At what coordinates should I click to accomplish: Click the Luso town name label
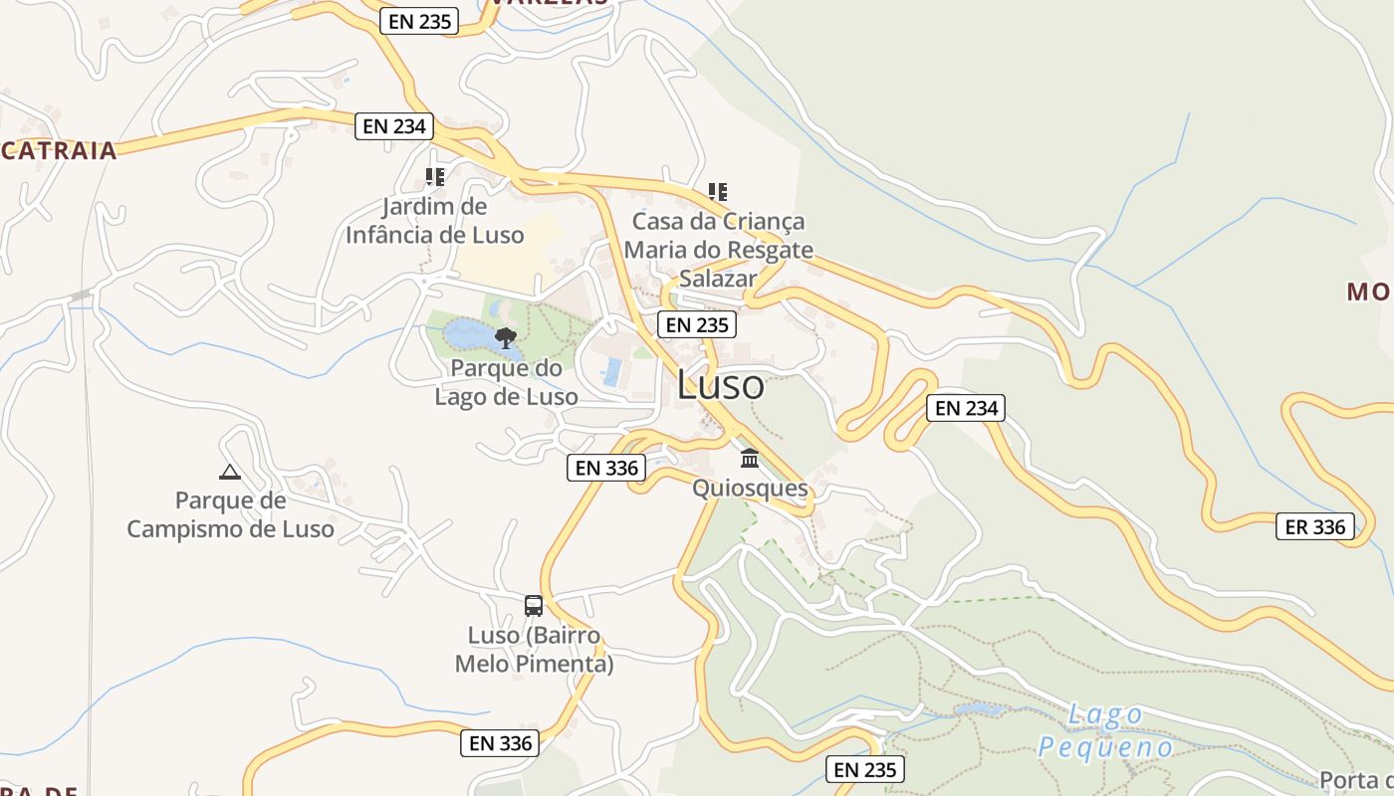721,386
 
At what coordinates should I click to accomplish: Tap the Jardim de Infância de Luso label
434,221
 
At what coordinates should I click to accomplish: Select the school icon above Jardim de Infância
434,177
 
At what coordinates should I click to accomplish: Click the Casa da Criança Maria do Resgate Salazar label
718,250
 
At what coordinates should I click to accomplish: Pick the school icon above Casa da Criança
717,191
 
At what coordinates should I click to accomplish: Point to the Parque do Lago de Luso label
506,382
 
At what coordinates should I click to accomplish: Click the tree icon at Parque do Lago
506,338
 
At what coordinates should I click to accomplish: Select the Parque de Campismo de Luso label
230,514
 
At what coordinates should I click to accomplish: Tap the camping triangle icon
230,472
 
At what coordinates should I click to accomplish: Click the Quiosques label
750,489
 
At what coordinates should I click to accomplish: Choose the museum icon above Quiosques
750,459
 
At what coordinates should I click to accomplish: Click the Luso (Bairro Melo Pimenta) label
534,650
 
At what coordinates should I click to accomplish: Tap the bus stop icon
534,605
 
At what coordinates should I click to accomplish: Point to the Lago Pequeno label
1105,730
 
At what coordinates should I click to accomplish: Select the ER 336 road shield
1315,526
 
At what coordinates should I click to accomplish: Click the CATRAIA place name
59,151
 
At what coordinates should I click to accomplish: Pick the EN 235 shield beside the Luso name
697,324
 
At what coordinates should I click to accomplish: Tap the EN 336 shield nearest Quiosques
606,467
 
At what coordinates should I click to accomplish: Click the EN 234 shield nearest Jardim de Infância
394,125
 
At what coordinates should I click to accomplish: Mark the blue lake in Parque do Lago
468,334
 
